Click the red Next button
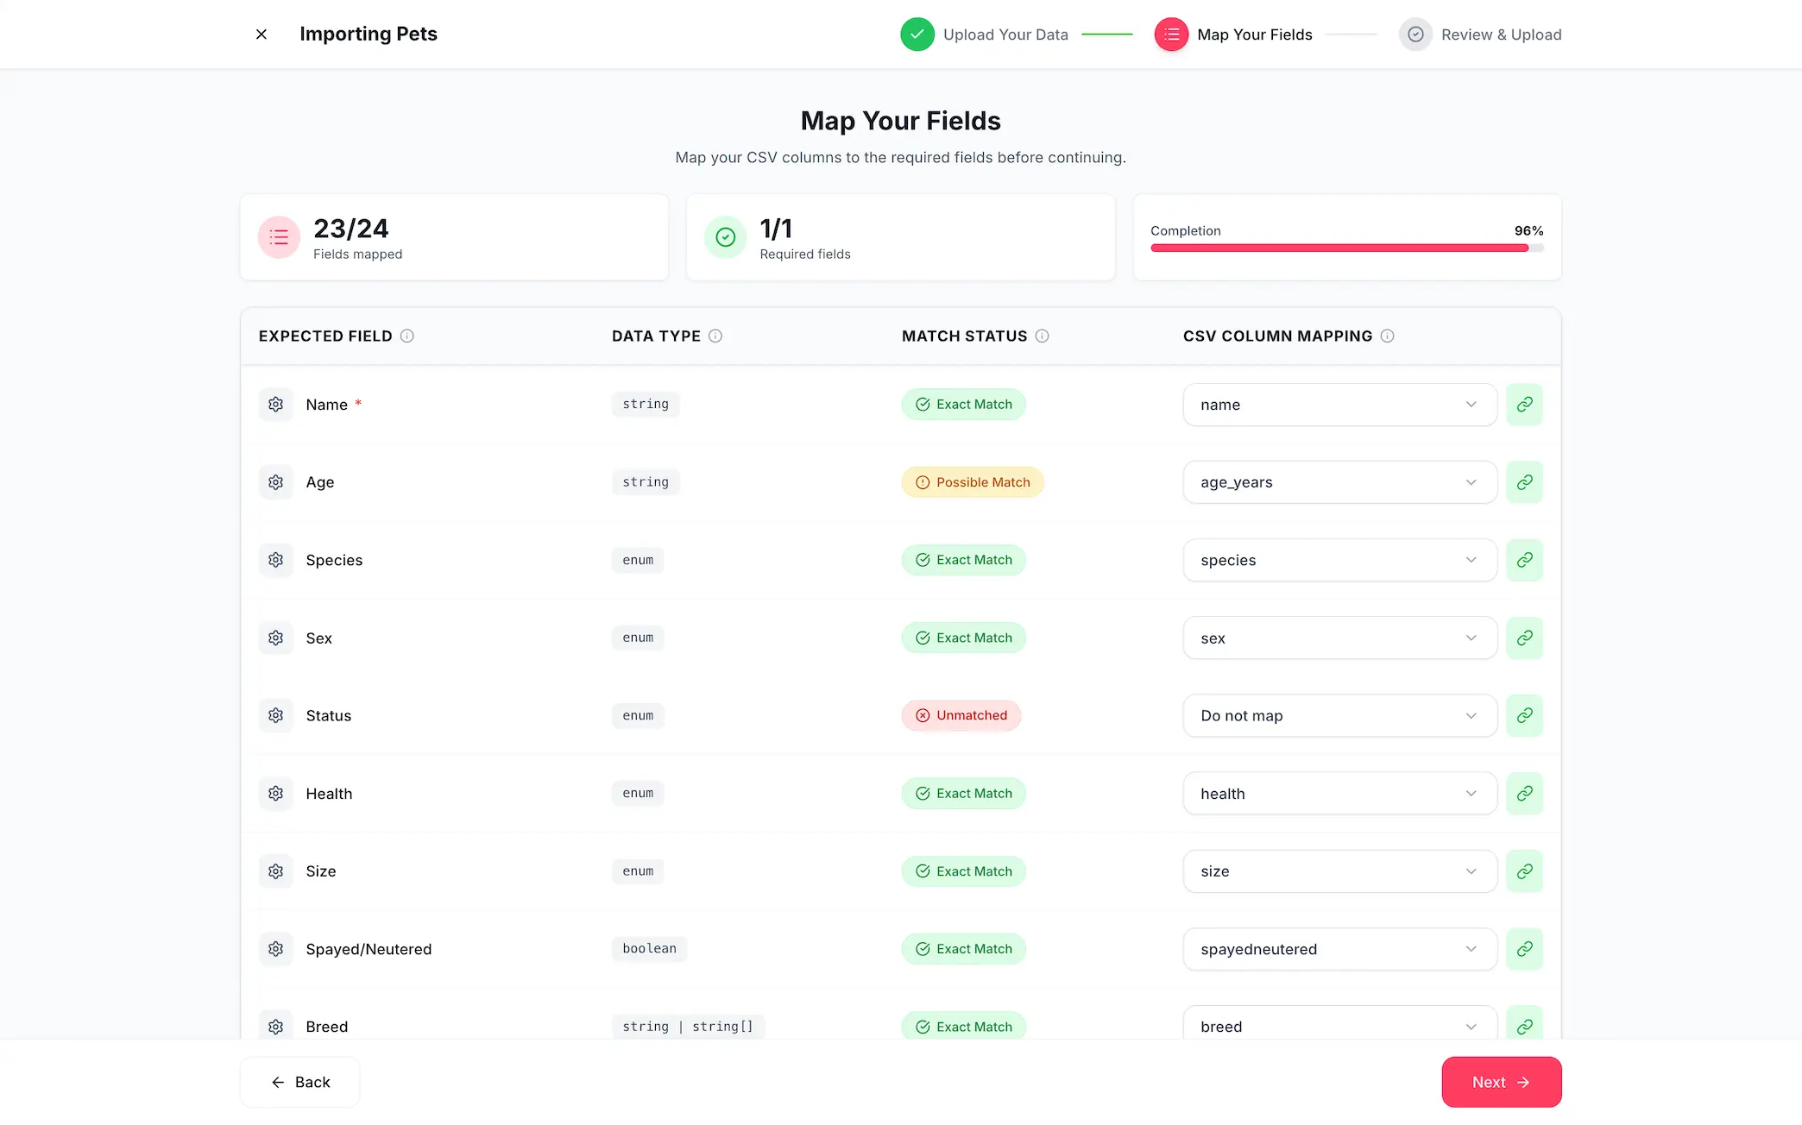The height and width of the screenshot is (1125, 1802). (1501, 1082)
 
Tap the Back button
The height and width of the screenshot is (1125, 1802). (300, 1082)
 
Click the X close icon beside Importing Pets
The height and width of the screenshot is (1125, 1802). (261, 35)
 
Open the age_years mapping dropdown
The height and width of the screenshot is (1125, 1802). (1339, 482)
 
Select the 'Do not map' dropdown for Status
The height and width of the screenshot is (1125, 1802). (1339, 715)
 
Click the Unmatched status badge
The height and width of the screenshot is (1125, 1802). (961, 715)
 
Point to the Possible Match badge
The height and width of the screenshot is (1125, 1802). (973, 482)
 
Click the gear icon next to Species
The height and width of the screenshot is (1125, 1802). (276, 560)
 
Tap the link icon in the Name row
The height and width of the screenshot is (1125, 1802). (1524, 405)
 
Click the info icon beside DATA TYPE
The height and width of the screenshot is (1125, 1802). (715, 336)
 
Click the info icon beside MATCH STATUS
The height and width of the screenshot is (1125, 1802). (1043, 336)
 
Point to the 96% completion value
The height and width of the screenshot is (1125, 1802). (1528, 230)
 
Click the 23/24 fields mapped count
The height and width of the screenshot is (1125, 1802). (350, 229)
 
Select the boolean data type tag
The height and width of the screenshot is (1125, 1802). (649, 948)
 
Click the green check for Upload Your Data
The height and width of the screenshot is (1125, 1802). (917, 35)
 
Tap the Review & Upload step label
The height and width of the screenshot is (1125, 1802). (1501, 35)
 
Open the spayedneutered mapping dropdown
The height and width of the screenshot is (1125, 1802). (1339, 949)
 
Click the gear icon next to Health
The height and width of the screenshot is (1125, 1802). (276, 793)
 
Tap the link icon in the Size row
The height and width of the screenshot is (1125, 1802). (1524, 871)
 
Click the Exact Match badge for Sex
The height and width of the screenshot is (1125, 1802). (964, 638)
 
